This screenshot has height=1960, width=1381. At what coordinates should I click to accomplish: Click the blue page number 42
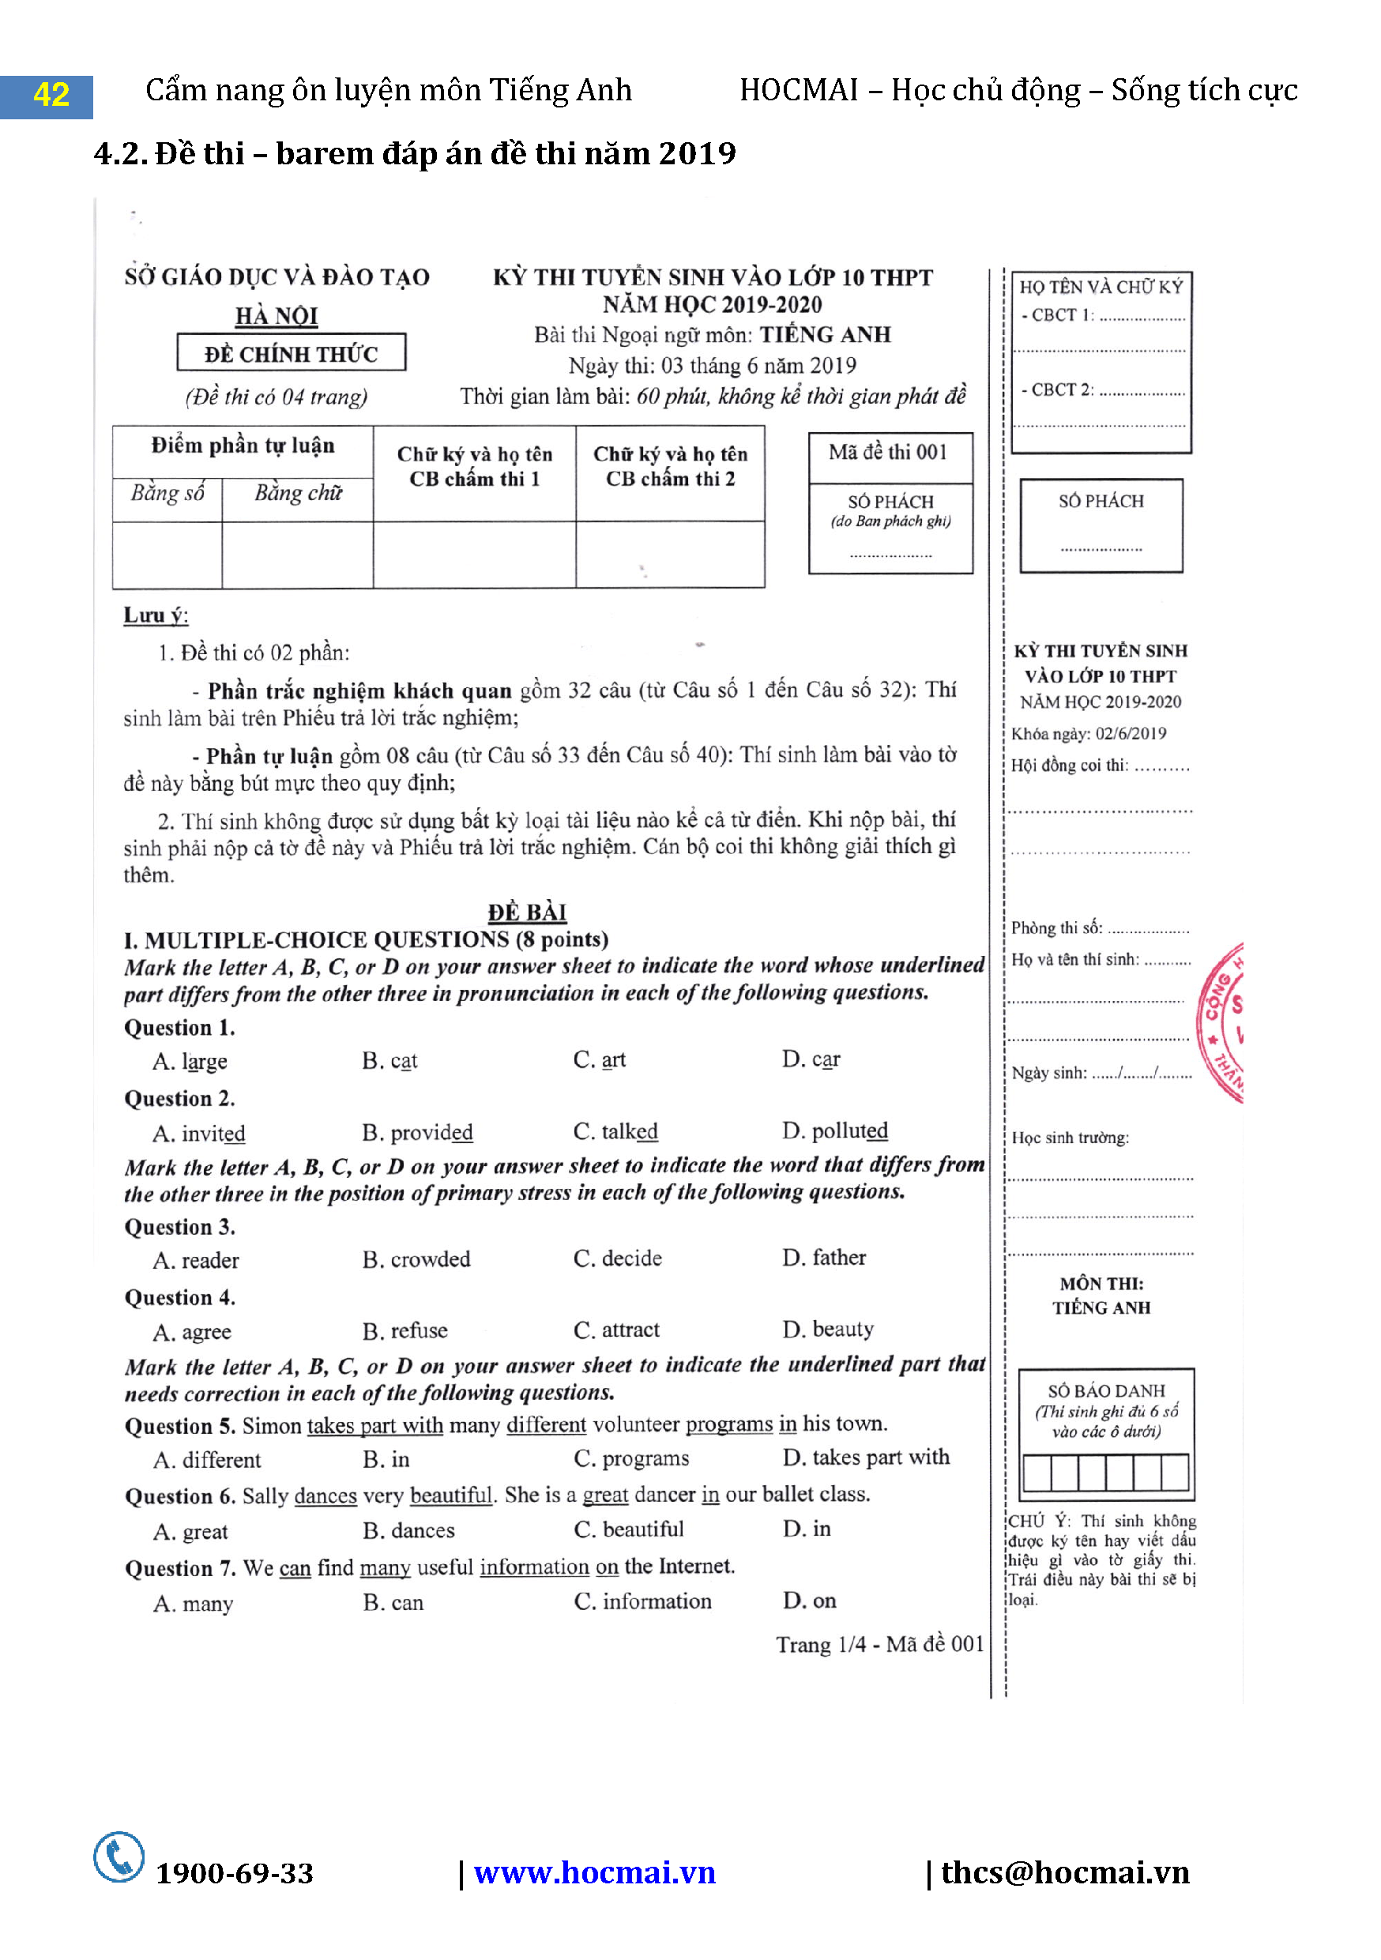(51, 95)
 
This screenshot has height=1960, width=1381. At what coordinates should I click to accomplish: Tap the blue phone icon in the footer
(119, 1857)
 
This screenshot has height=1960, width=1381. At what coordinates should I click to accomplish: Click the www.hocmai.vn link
(594, 1873)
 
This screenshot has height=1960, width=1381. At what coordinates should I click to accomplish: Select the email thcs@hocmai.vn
(1064, 1872)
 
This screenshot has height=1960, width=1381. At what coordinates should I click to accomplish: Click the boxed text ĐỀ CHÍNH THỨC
(291, 353)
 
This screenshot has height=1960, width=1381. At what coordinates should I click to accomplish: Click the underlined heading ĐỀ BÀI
(527, 912)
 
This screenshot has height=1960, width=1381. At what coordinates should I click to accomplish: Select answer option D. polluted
(835, 1131)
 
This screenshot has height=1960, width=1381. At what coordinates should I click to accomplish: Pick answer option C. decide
(617, 1258)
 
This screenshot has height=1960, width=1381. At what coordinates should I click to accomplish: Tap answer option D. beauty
(828, 1329)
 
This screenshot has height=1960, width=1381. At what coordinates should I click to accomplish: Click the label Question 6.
(179, 1496)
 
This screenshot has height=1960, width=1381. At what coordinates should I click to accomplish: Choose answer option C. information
(642, 1601)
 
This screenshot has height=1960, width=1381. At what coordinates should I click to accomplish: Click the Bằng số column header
(167, 494)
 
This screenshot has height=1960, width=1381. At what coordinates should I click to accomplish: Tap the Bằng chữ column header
(298, 494)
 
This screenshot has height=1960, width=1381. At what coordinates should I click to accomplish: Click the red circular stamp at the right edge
(1223, 1023)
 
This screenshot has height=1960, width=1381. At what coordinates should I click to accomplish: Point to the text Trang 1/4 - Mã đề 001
(879, 1644)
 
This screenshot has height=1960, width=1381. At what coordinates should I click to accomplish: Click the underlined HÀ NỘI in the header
(277, 316)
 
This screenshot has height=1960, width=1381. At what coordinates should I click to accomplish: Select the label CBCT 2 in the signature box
(1059, 390)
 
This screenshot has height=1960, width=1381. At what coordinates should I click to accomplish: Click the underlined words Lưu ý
(156, 615)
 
